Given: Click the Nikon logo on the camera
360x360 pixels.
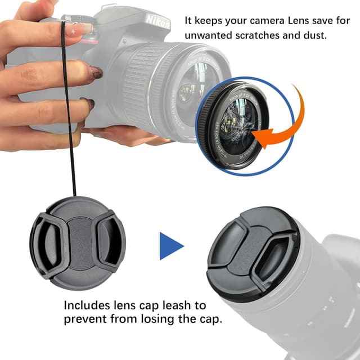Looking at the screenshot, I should click(x=158, y=21).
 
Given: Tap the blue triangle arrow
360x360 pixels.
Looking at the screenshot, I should click(x=170, y=246).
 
